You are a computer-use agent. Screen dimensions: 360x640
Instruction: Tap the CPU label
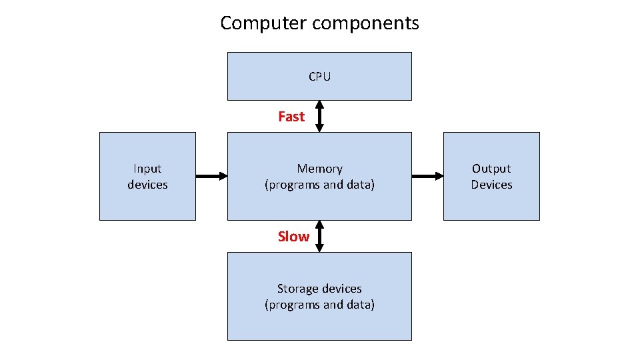tap(319, 77)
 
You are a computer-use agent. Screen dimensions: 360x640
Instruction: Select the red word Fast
tap(291, 117)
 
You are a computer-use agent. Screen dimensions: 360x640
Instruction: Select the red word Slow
tap(293, 237)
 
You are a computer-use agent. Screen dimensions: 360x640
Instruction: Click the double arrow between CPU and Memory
tap(319, 116)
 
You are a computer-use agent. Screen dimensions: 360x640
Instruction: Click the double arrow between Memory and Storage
tap(319, 236)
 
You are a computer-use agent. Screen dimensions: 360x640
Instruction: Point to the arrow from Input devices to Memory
tap(211, 176)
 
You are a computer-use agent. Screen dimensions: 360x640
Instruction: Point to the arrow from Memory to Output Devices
tap(427, 176)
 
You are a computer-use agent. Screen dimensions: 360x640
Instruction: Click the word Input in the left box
tap(147, 169)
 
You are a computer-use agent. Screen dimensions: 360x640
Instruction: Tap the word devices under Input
tap(147, 185)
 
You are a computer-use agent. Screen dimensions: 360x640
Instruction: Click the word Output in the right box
tap(491, 169)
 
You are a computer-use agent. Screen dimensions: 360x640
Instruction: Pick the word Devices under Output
tap(491, 185)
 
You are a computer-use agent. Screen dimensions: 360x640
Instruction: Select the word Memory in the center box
tap(319, 169)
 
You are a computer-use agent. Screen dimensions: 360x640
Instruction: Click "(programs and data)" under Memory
tap(319, 185)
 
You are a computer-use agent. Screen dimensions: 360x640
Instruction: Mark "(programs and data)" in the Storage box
tap(319, 305)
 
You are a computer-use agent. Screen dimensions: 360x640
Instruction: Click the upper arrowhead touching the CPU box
tap(319, 104)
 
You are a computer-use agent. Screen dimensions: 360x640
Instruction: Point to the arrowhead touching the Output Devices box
tap(439, 176)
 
